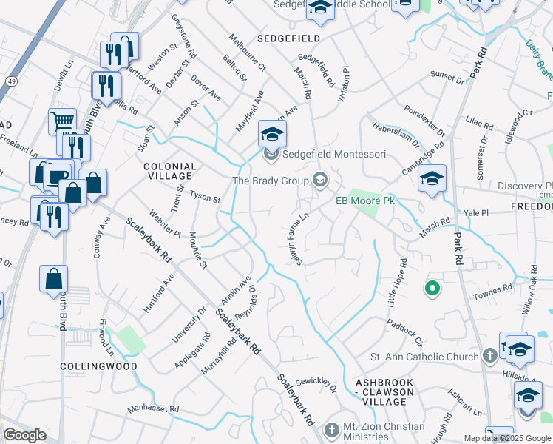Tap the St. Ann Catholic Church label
(x=425, y=357)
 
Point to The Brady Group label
(x=270, y=180)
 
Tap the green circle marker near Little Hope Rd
(x=432, y=288)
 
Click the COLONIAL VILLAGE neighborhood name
(x=169, y=172)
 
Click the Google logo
(x=24, y=435)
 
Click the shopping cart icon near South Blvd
(x=62, y=120)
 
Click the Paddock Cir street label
(x=407, y=331)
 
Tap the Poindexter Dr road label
(x=425, y=121)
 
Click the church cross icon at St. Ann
(x=489, y=357)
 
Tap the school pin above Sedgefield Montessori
(x=272, y=134)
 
